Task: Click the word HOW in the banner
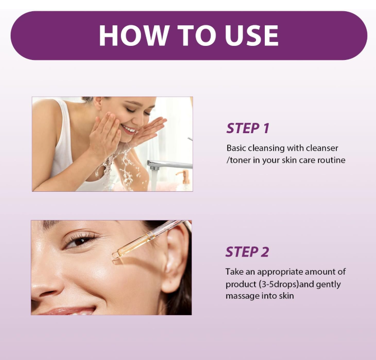coord(133,35)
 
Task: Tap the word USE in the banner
coord(252,35)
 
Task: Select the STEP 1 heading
coord(248,128)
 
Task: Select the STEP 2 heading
coord(247,252)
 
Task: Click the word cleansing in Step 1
coord(266,148)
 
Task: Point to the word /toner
coord(238,160)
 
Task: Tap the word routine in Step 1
coord(332,160)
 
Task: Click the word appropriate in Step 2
coord(280,272)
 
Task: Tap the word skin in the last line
coord(286,296)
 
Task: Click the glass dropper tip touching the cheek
coord(116,255)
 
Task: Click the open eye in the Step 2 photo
coord(80,241)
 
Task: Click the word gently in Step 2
coord(328,285)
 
